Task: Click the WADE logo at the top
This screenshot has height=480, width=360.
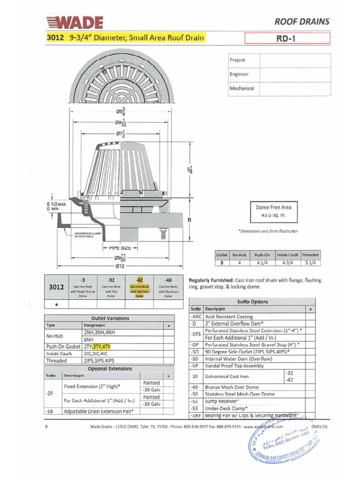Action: tap(75, 22)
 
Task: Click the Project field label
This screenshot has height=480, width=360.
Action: tap(237, 60)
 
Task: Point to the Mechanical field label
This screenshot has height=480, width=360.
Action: tap(242, 88)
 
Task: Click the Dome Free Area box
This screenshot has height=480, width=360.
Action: tap(273, 211)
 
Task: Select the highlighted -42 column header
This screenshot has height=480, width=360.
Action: tap(139, 279)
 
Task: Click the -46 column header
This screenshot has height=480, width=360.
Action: tap(168, 279)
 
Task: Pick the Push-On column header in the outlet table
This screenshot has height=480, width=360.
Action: tap(262, 255)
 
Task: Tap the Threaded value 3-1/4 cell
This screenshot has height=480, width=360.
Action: tap(310, 262)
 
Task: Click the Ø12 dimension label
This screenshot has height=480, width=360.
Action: tap(120, 266)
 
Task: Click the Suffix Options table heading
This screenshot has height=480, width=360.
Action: tap(253, 301)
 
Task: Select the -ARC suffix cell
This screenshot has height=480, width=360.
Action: tap(196, 317)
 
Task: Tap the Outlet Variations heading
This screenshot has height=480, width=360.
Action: tap(110, 318)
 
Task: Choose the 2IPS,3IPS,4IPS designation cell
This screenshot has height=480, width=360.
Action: tap(98, 360)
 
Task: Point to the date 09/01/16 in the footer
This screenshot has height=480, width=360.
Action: tap(319, 427)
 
